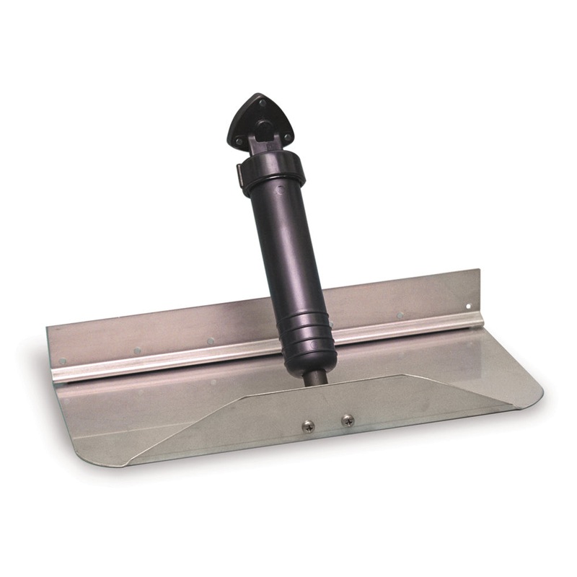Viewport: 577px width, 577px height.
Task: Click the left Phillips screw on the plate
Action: click(x=308, y=426)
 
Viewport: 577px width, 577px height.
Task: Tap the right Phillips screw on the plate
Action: click(x=348, y=419)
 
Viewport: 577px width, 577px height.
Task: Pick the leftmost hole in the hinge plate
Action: click(x=63, y=361)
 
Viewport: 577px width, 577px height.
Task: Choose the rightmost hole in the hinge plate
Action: click(x=468, y=306)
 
